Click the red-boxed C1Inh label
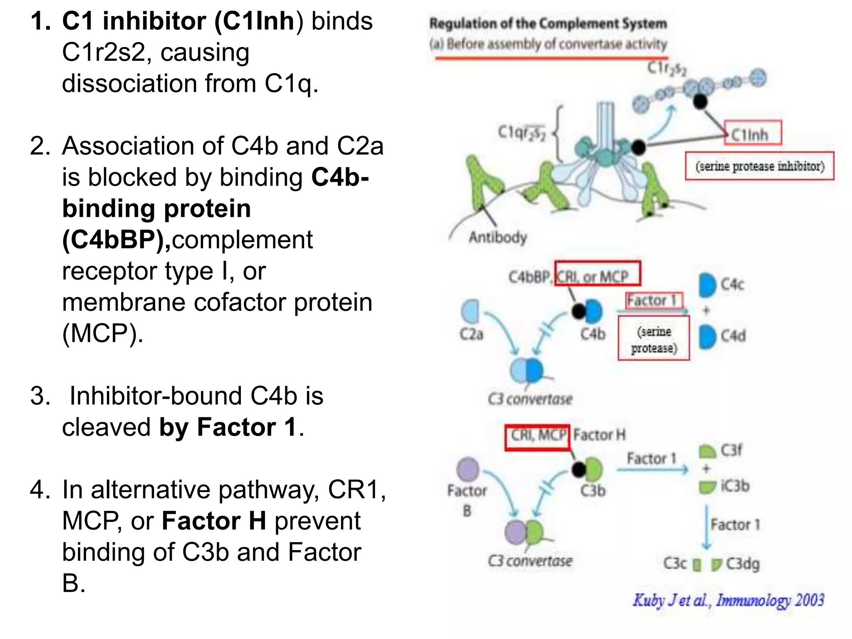click(753, 134)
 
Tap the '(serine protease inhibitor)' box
click(759, 166)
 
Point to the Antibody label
click(498, 237)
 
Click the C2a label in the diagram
click(471, 334)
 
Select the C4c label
click(732, 285)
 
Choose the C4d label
click(733, 336)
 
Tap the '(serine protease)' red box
click(654, 339)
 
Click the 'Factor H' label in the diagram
click(599, 435)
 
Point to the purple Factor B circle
click(468, 469)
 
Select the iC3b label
click(735, 486)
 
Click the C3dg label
click(743, 564)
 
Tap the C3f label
click(731, 450)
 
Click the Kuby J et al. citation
click(728, 600)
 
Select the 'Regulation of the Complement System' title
click(548, 24)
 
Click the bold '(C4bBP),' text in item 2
click(116, 240)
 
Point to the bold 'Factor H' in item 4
click(214, 521)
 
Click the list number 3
click(40, 396)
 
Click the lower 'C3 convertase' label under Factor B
click(530, 561)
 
